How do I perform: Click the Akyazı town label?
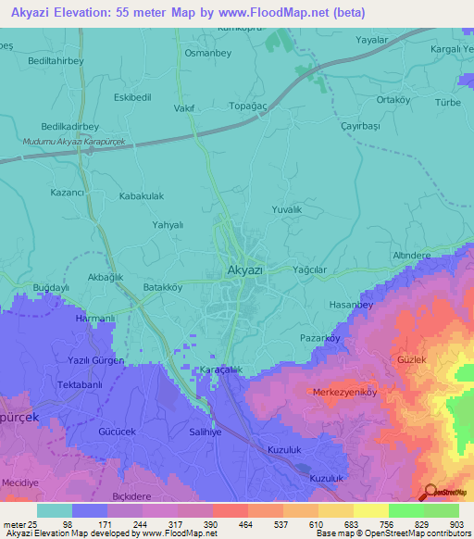point(245,269)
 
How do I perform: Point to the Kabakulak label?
point(142,197)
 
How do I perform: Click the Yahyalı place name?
point(168,225)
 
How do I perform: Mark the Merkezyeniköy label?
point(345,392)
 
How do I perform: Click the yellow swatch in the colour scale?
point(370,510)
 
